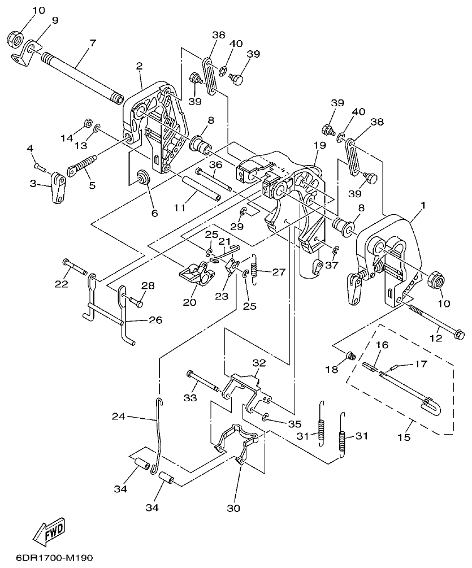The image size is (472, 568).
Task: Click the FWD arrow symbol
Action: (50, 531)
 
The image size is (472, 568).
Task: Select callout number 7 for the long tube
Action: (92, 43)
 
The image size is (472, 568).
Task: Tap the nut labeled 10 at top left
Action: (15, 40)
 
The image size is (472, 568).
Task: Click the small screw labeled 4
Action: (37, 166)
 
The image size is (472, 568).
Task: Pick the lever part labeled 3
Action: (57, 188)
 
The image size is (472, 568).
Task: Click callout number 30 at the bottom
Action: (233, 508)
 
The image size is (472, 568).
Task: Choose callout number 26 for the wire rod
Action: (155, 320)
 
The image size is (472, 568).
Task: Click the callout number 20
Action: (189, 302)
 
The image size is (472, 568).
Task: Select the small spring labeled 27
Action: (254, 267)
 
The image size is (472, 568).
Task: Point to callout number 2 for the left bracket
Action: (138, 66)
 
